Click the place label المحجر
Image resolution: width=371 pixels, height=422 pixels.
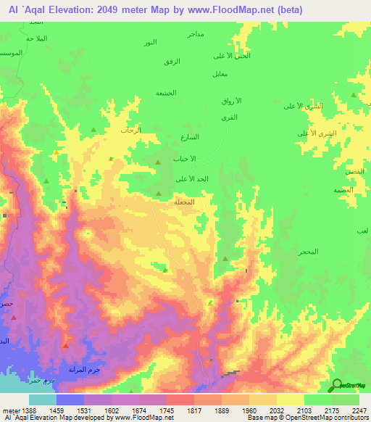click(x=307, y=251)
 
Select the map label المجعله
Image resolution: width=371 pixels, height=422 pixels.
click(x=184, y=202)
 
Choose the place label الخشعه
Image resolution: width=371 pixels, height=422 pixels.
click(x=166, y=93)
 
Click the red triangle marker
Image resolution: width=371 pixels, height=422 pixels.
click(x=65, y=345)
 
